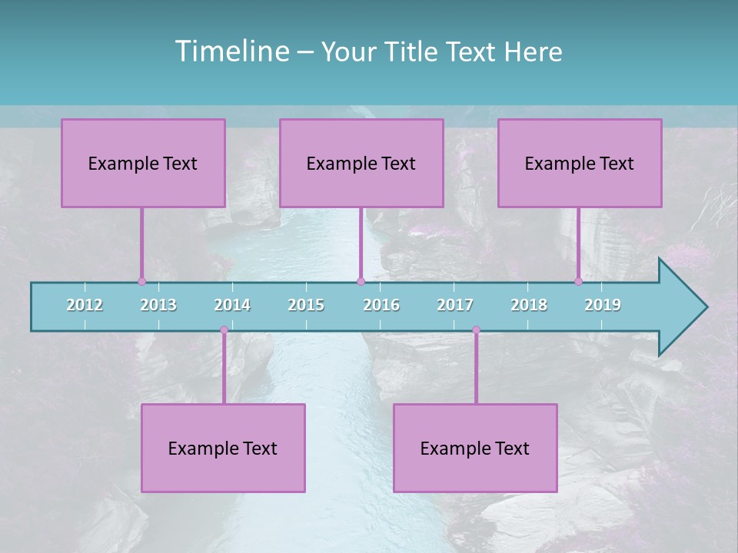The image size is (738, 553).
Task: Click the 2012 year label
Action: point(85,305)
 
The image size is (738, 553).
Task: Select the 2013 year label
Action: point(158,305)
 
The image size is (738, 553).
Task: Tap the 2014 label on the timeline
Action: point(232,305)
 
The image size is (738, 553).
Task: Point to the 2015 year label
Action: point(306,305)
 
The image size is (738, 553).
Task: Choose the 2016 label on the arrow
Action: point(381,305)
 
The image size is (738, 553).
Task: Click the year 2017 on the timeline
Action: point(455,305)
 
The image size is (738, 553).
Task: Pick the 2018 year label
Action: point(529,305)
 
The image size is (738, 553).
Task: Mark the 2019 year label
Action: point(603,305)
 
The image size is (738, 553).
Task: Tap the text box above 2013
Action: point(143,163)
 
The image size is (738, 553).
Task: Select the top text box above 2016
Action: point(361,163)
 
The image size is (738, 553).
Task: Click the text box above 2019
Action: point(580,163)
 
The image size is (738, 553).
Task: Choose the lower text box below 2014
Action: point(223,448)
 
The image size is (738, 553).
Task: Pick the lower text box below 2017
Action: point(475,448)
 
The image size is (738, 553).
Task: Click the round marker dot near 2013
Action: point(141,282)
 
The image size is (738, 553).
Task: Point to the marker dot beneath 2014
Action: point(224,330)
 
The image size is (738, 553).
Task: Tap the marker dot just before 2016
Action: point(361,282)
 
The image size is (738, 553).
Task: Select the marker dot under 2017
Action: point(476,330)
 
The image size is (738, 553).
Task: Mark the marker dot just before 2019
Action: point(578,282)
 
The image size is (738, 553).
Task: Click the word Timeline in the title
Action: point(231,51)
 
